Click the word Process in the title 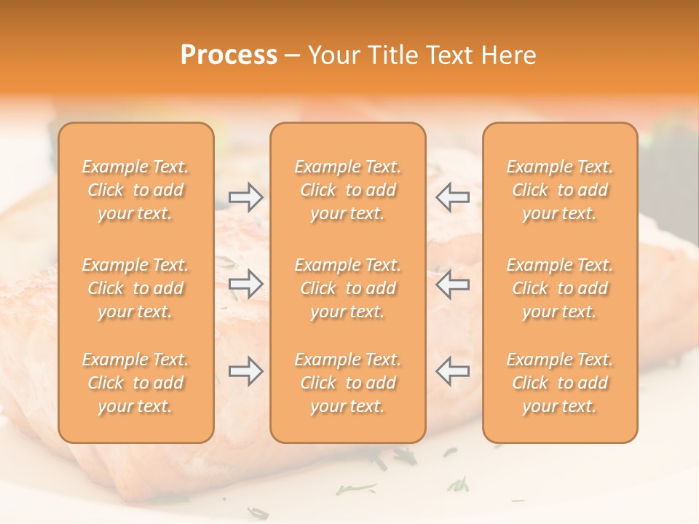click(x=229, y=55)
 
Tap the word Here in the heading click(x=509, y=55)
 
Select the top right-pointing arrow click(x=246, y=196)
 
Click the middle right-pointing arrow click(x=246, y=283)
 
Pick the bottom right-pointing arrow click(x=246, y=371)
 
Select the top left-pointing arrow click(x=452, y=196)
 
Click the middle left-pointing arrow click(x=452, y=283)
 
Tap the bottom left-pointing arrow click(x=452, y=371)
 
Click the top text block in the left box click(x=135, y=190)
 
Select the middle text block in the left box click(x=135, y=288)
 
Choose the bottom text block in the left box click(x=135, y=383)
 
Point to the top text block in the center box click(x=347, y=190)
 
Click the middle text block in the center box click(x=347, y=288)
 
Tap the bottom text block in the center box click(x=347, y=383)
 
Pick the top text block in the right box click(x=560, y=190)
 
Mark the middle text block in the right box click(x=560, y=288)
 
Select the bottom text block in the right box click(x=560, y=383)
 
